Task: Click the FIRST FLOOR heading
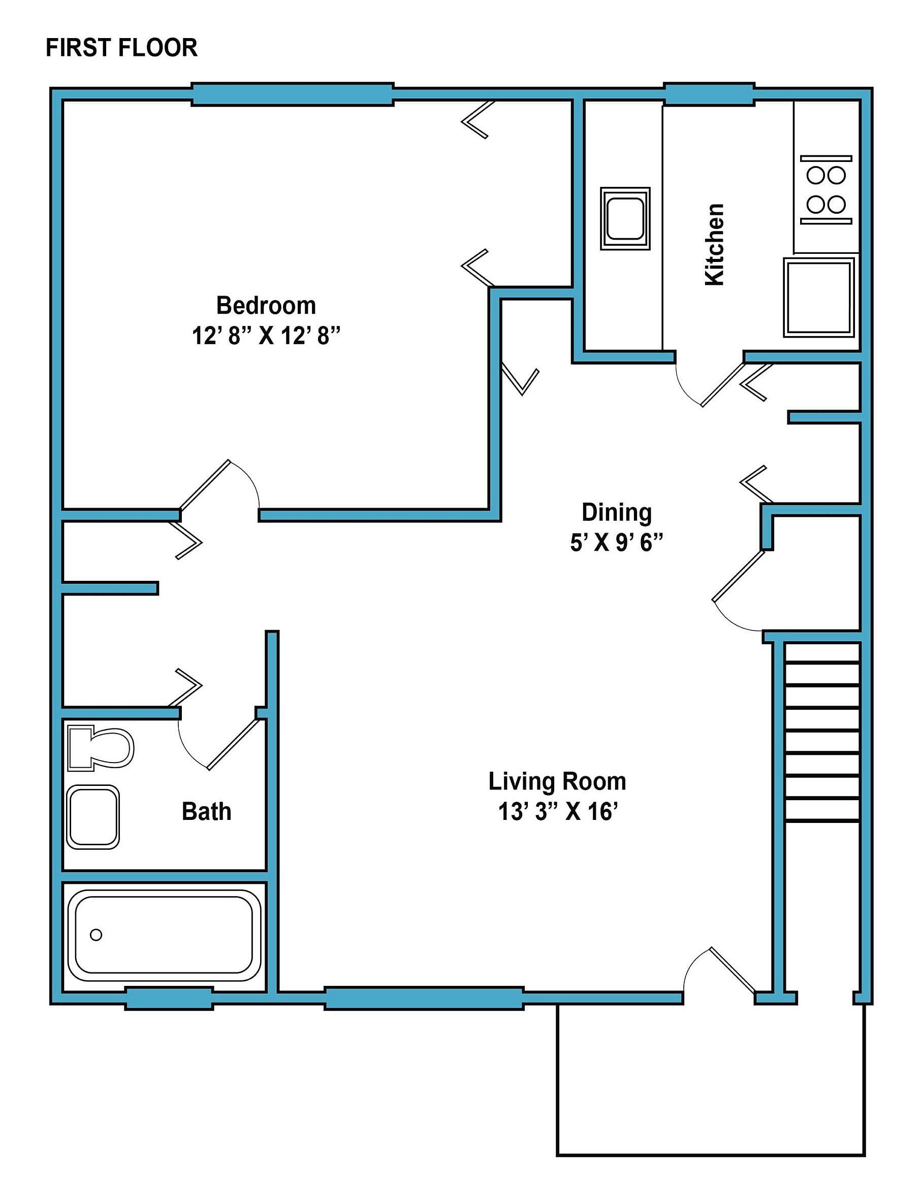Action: point(121,48)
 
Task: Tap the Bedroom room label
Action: point(266,306)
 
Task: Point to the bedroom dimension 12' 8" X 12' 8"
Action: point(266,336)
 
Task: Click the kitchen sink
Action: point(625,218)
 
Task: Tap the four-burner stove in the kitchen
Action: point(826,190)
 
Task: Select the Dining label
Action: point(616,512)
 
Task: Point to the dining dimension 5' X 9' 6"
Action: point(616,543)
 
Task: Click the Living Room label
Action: point(557,781)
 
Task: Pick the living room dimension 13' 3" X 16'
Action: point(558,812)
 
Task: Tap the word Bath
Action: point(206,811)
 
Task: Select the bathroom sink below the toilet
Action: point(92,817)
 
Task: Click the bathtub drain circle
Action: point(96,935)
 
